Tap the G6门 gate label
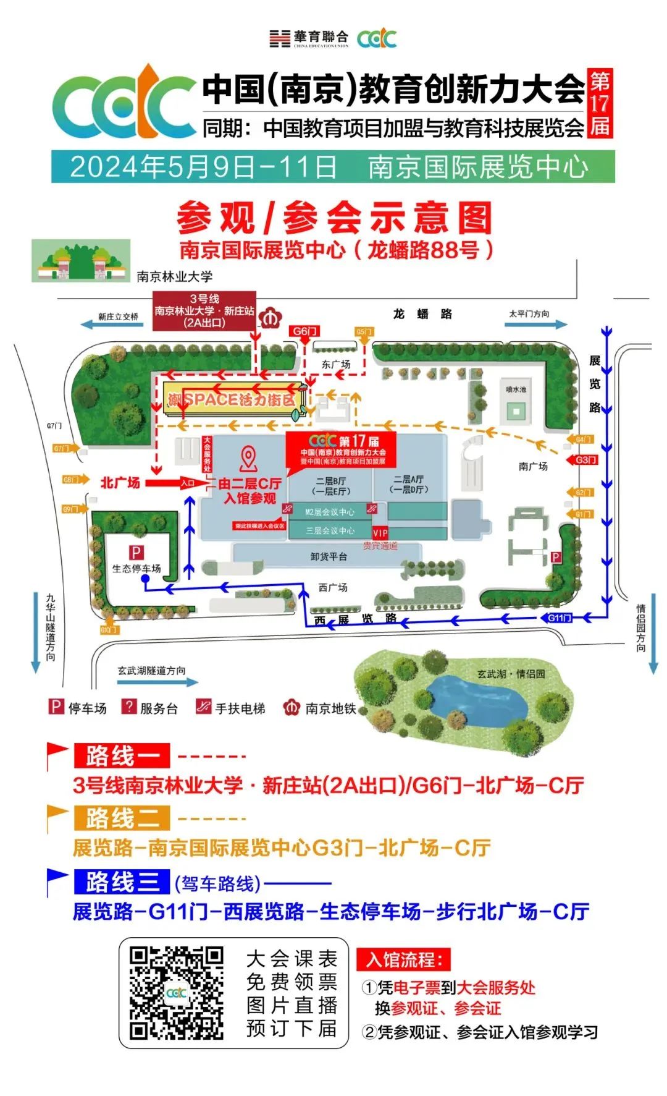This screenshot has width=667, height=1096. tap(304, 331)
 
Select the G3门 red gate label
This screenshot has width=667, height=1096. tap(586, 460)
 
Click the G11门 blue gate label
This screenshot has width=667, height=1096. tap(560, 618)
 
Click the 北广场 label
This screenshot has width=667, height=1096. tap(120, 482)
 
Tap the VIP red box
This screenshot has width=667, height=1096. tap(380, 532)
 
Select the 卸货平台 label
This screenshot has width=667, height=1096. tap(329, 556)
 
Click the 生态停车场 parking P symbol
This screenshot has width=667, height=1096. tap(136, 553)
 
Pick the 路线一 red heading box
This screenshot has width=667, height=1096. tap(122, 755)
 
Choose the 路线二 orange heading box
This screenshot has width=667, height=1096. tap(122, 818)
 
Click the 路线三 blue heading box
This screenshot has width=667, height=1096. tap(122, 881)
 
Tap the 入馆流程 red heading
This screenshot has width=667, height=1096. tap(404, 960)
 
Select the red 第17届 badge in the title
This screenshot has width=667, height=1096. tap(600, 103)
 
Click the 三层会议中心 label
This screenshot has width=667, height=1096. tap(330, 530)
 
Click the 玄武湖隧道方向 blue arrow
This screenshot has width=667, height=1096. tap(157, 682)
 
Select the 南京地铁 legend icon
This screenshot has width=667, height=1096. tap(291, 708)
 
